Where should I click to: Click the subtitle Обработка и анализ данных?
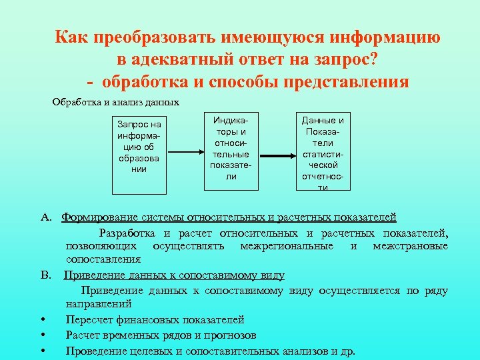point(116,103)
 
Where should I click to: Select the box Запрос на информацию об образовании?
point(139,147)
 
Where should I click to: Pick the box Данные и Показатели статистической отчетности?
point(323,153)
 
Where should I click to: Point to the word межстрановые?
point(411,247)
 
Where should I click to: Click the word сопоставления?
point(103,259)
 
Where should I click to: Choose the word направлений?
point(98,305)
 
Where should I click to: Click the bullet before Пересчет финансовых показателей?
point(42,321)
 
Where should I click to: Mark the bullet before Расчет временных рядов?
point(42,335)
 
